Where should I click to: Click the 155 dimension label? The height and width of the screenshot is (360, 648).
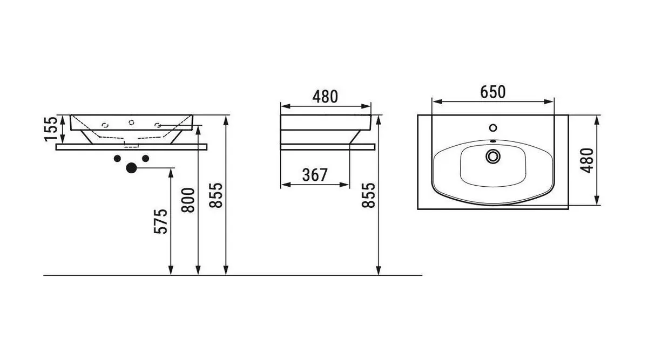pyautogui.click(x=51, y=129)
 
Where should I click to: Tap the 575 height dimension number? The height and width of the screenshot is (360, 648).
pyautogui.click(x=160, y=221)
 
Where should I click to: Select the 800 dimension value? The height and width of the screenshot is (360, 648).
pyautogui.click(x=188, y=200)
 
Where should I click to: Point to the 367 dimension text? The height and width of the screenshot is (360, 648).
pyautogui.click(x=315, y=175)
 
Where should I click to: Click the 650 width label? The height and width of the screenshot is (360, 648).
pyautogui.click(x=493, y=92)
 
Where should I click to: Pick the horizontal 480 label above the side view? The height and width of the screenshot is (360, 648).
pyautogui.click(x=325, y=97)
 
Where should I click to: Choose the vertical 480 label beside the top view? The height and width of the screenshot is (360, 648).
pyautogui.click(x=588, y=160)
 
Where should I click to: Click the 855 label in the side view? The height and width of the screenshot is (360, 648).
pyautogui.click(x=368, y=195)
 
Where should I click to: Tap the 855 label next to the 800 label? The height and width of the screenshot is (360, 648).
pyautogui.click(x=216, y=195)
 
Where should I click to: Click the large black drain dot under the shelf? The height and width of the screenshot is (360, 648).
pyautogui.click(x=131, y=168)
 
